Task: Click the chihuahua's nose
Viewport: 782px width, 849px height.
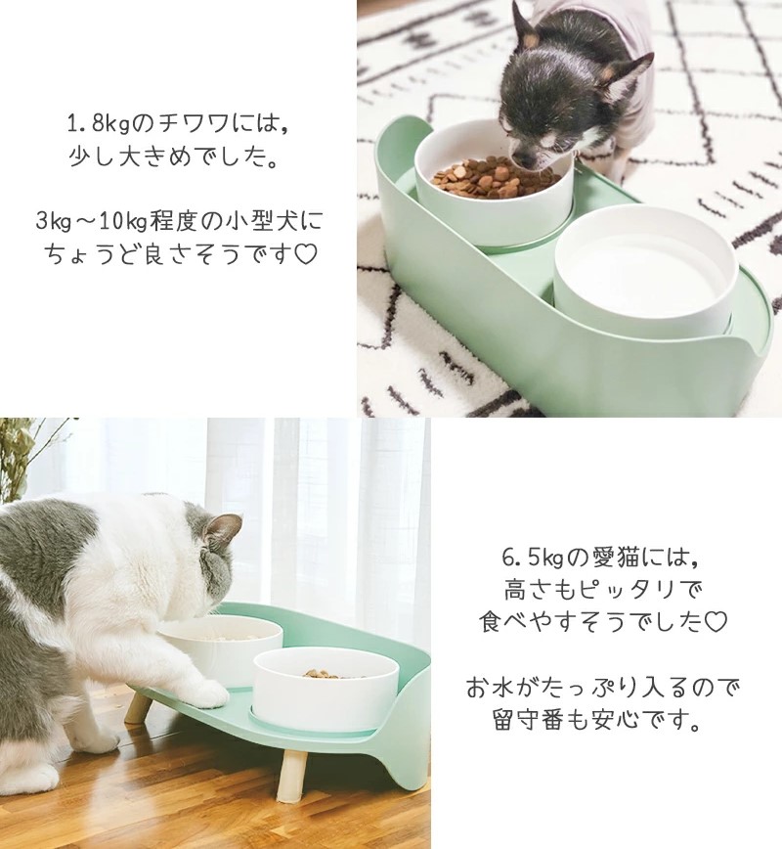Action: click(x=518, y=160)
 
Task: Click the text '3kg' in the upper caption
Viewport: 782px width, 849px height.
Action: click(x=54, y=221)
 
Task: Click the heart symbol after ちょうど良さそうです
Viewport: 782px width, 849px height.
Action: click(x=306, y=254)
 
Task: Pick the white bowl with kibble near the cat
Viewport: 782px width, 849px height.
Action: click(x=326, y=689)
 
